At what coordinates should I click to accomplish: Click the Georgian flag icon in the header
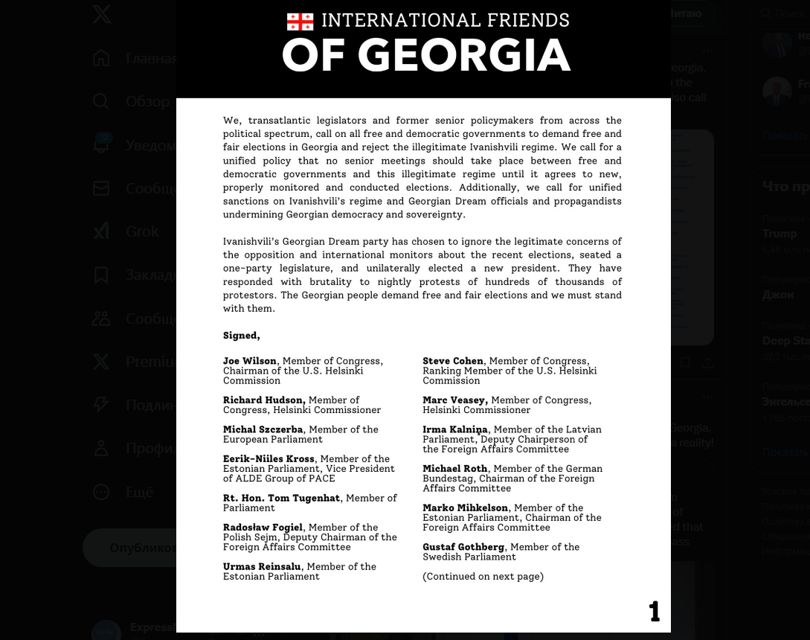pyautogui.click(x=300, y=22)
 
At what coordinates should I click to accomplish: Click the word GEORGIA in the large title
pyautogui.click(x=464, y=56)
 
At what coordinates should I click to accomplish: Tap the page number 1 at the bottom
pyautogui.click(x=654, y=612)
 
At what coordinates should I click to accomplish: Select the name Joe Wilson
pyautogui.click(x=249, y=361)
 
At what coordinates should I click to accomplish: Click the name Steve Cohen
pyautogui.click(x=453, y=361)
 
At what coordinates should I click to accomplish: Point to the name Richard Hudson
pyautogui.click(x=263, y=400)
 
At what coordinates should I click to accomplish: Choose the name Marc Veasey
pyautogui.click(x=454, y=400)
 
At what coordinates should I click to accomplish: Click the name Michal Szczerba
pyautogui.click(x=263, y=429)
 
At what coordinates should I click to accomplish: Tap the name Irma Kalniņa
pyautogui.click(x=455, y=429)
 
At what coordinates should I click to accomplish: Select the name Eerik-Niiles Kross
pyautogui.click(x=269, y=459)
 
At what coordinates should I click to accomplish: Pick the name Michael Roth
pyautogui.click(x=454, y=469)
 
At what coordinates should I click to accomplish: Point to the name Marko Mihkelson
pyautogui.click(x=465, y=508)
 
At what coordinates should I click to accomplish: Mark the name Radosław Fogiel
pyautogui.click(x=263, y=528)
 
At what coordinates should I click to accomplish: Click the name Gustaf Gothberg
pyautogui.click(x=463, y=547)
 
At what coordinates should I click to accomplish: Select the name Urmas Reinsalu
pyautogui.click(x=263, y=567)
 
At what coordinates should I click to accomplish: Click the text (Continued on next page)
pyautogui.click(x=483, y=576)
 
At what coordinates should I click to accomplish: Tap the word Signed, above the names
pyautogui.click(x=241, y=336)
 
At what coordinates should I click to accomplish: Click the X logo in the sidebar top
pyautogui.click(x=102, y=13)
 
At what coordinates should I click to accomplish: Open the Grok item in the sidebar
pyautogui.click(x=141, y=231)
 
